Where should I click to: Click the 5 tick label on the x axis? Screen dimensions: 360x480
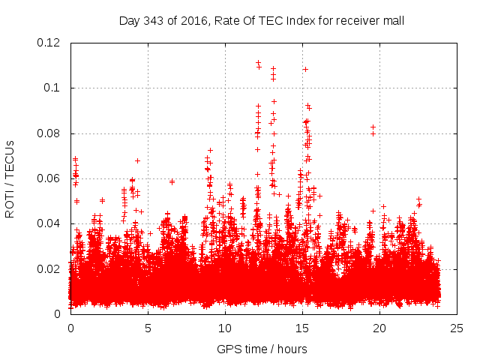[148, 328]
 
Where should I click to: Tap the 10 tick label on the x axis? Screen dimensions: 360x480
[225, 328]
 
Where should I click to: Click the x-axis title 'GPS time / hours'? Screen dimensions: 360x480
[262, 349]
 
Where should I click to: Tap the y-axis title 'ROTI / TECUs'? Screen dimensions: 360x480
[10, 178]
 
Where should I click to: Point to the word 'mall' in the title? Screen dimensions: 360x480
[393, 20]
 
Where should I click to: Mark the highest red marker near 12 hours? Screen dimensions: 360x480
[258, 62]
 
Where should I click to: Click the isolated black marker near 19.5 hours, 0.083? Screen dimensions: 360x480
[373, 127]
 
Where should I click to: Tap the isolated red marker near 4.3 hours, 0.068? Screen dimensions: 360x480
[137, 160]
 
